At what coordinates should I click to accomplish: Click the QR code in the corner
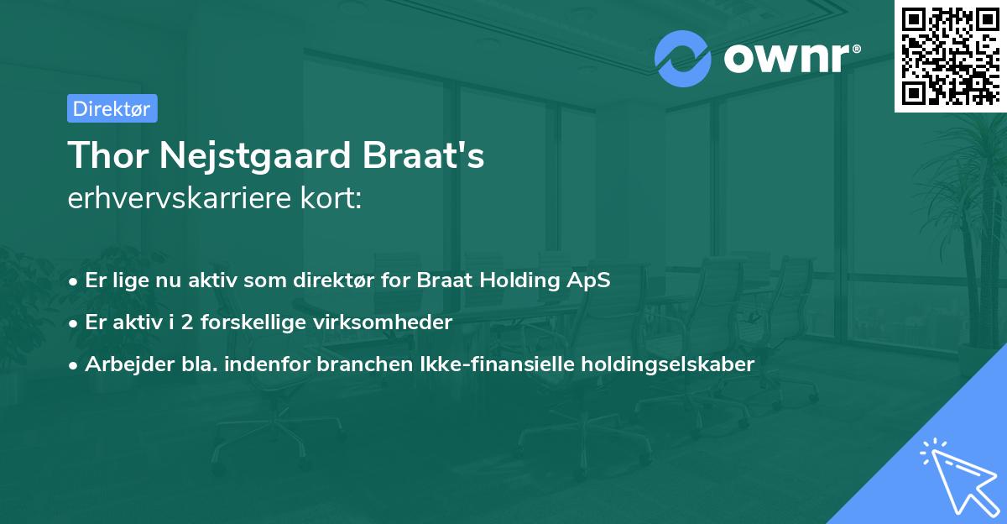click(951, 55)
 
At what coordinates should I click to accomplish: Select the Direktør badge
click(112, 108)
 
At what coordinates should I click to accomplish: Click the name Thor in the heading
click(105, 156)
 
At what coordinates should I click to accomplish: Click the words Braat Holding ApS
click(514, 280)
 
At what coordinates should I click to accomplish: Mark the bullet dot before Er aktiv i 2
click(75, 322)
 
